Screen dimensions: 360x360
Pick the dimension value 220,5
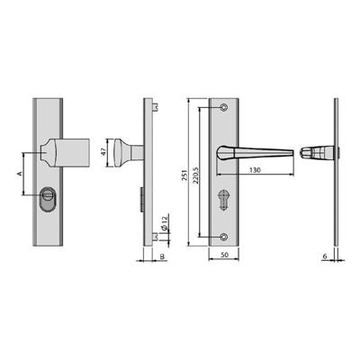coord(200,171)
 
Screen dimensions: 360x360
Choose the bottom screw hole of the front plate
coord(225,237)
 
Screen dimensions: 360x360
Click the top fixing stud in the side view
coord(156,108)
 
